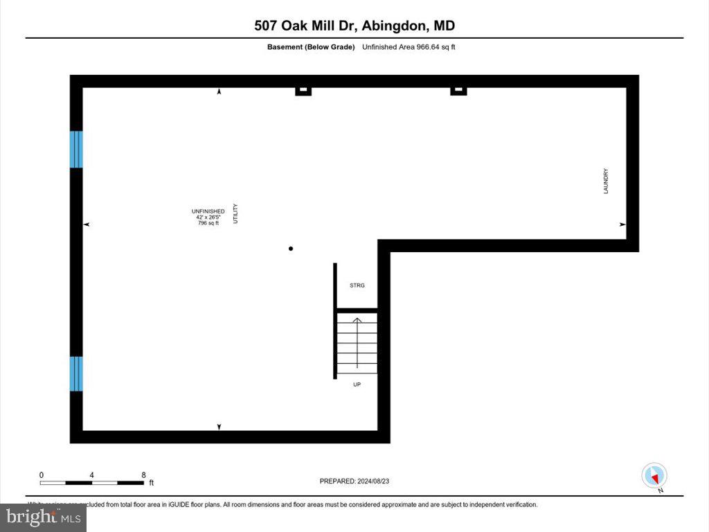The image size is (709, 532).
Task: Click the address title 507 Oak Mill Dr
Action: pyautogui.click(x=354, y=26)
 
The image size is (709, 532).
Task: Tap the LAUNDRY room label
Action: pyautogui.click(x=606, y=181)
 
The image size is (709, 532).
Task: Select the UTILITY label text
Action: pyautogui.click(x=235, y=213)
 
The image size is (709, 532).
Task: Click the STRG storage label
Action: pyautogui.click(x=357, y=285)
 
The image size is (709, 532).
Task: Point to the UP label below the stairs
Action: pyautogui.click(x=357, y=384)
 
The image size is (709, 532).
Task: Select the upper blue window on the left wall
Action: pyautogui.click(x=76, y=149)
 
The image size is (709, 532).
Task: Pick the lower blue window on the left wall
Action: pyautogui.click(x=76, y=373)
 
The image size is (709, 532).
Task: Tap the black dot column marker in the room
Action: pyautogui.click(x=291, y=249)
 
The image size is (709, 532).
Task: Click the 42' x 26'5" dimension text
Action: pyautogui.click(x=208, y=217)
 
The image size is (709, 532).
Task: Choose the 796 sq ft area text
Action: pyautogui.click(x=208, y=222)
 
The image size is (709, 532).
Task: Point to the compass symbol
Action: pyautogui.click(x=654, y=476)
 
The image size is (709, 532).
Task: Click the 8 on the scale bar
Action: pyautogui.click(x=143, y=475)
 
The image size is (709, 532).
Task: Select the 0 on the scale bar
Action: pyautogui.click(x=42, y=475)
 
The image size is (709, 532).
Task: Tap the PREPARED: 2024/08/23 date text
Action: pyautogui.click(x=359, y=481)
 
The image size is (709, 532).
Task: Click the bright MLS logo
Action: pyautogui.click(x=43, y=517)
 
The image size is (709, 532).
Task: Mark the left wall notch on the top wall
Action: pyautogui.click(x=303, y=90)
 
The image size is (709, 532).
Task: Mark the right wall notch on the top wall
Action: pyautogui.click(x=458, y=90)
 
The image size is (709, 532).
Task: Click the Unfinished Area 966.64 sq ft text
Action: pyautogui.click(x=409, y=47)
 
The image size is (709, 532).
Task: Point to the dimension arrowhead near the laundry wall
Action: pyautogui.click(x=622, y=224)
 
